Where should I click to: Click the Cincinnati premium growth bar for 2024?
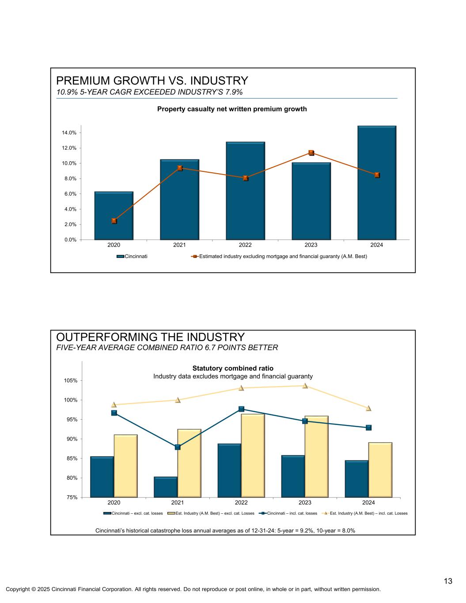(x=377, y=183)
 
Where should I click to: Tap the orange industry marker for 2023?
(x=311, y=153)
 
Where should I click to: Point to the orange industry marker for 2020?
(x=114, y=221)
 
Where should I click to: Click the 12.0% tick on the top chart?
(x=69, y=148)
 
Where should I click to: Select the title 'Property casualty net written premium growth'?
(x=232, y=109)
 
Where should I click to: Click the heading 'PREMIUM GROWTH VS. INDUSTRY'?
(x=152, y=81)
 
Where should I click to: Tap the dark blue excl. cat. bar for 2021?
(x=166, y=487)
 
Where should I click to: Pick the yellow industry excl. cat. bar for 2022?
(x=253, y=455)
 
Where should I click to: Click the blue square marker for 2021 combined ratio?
(x=178, y=447)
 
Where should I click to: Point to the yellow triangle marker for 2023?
(x=305, y=386)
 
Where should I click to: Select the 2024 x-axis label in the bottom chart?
(x=368, y=503)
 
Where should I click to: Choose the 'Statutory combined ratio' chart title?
(x=233, y=368)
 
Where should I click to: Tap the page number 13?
(x=448, y=581)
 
